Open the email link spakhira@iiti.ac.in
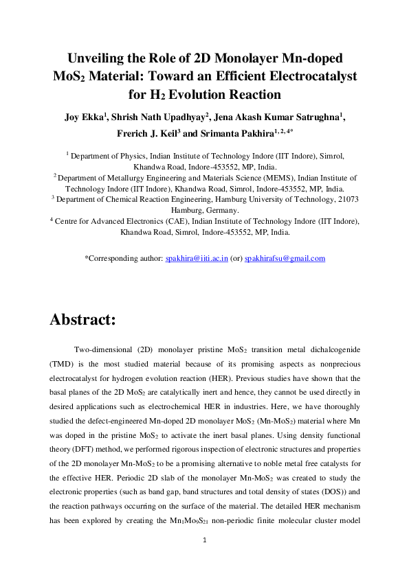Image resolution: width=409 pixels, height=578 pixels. [x=197, y=259]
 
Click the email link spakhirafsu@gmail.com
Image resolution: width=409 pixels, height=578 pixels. [x=285, y=259]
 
